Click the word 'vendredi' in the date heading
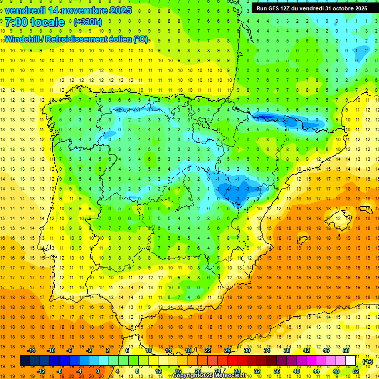pyautogui.click(x=26, y=10)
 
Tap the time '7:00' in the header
pyautogui.click(x=15, y=22)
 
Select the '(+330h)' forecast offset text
pyautogui.click(x=88, y=22)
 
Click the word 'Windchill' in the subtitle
pyautogui.click(x=22, y=39)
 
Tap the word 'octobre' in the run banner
pyautogui.click(x=339, y=8)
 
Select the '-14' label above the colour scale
pyautogui.click(x=31, y=350)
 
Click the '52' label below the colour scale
pyautogui.click(x=356, y=371)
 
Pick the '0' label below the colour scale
pyautogui.click(x=98, y=371)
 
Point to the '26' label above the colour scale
pyautogui.click(x=227, y=350)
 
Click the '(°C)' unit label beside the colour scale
pyautogui.click(x=367, y=361)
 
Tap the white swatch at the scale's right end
pyautogui.click(x=351, y=361)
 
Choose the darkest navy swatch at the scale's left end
pyautogui.click(x=25, y=361)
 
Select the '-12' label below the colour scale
pyautogui.click(x=41, y=371)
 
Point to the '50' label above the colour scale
pyautogui.click(x=345, y=350)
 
